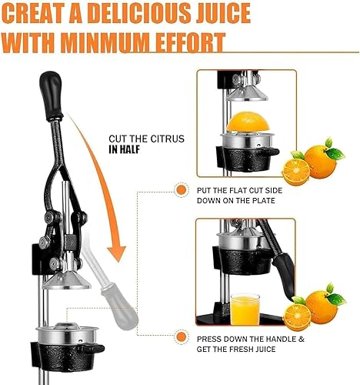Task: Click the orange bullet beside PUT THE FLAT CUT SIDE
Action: pos(181,189)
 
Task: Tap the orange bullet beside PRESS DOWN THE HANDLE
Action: pos(181,337)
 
